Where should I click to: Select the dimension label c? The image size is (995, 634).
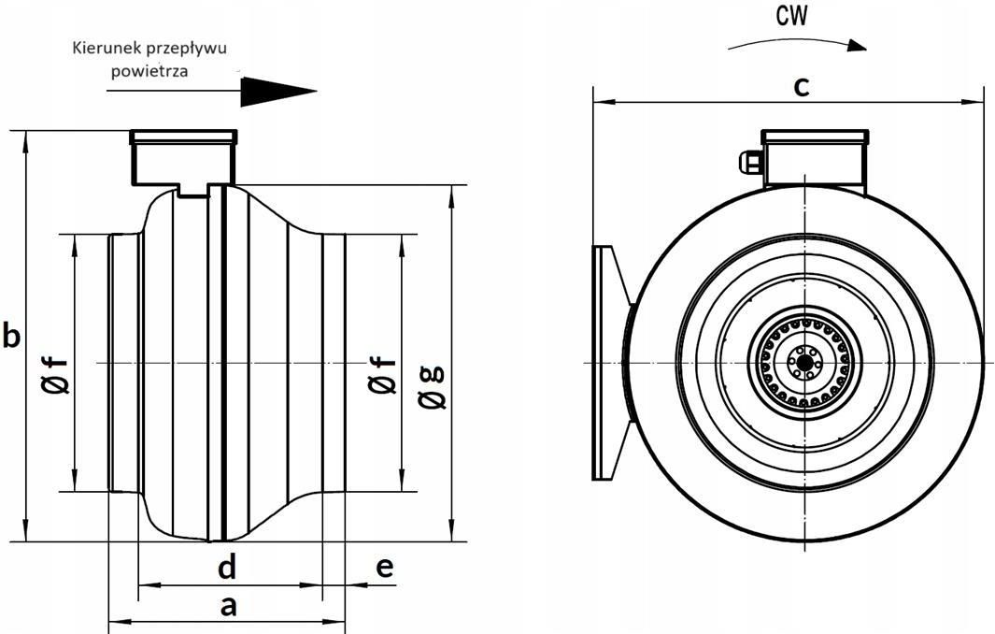801,86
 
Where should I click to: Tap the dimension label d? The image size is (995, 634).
226,566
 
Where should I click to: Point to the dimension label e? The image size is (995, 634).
384,567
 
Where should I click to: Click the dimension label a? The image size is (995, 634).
227,606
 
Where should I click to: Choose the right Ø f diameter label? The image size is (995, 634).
382,374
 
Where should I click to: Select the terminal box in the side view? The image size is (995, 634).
183,159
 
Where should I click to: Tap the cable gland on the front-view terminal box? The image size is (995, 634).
750,163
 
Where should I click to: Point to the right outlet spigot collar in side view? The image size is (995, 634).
334,363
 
